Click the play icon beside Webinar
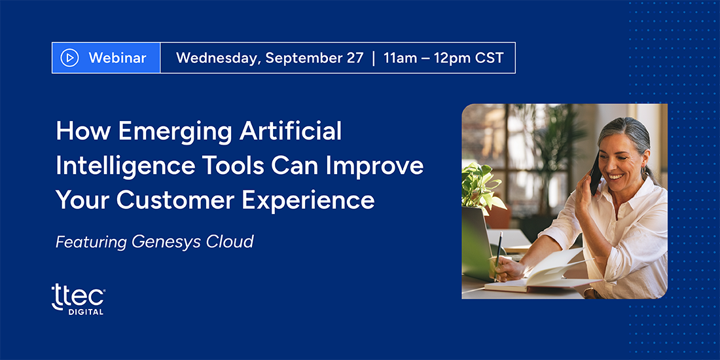(x=70, y=58)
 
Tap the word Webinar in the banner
(x=118, y=58)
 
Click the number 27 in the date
(x=354, y=58)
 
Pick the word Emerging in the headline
(x=173, y=133)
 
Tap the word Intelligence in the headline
(x=125, y=168)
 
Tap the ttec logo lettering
(x=78, y=295)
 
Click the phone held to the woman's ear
(x=596, y=173)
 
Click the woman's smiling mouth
(x=616, y=176)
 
